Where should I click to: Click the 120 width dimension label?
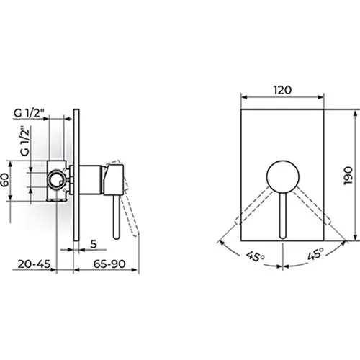(282, 90)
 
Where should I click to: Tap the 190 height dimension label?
(348, 176)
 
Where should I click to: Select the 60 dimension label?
(5, 180)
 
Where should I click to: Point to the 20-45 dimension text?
(35, 264)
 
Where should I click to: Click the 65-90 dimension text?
(109, 264)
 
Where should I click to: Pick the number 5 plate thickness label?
(94, 244)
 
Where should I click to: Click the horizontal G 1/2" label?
(29, 113)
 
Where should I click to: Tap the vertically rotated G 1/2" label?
(25, 141)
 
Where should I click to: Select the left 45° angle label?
(255, 257)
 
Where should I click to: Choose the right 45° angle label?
(316, 254)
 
